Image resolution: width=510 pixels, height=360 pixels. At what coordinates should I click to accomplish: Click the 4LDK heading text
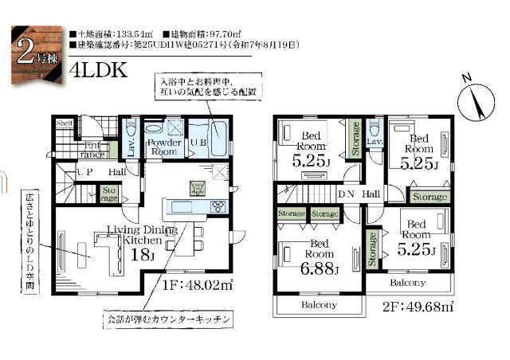(98, 69)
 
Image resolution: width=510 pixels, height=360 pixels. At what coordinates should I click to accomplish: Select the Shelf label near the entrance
(65, 123)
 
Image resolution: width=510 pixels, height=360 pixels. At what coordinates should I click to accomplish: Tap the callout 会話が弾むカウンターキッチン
(170, 319)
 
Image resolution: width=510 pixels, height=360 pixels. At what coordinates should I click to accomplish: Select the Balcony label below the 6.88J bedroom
(319, 305)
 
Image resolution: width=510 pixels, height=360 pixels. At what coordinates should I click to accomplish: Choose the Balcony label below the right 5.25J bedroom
(406, 283)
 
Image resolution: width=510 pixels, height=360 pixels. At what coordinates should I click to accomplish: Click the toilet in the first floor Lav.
(132, 129)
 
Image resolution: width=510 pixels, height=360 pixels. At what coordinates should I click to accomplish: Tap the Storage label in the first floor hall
(108, 194)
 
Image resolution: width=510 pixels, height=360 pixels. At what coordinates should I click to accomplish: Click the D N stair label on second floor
(347, 194)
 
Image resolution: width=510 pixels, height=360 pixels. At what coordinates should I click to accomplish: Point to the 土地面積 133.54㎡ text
(113, 35)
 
